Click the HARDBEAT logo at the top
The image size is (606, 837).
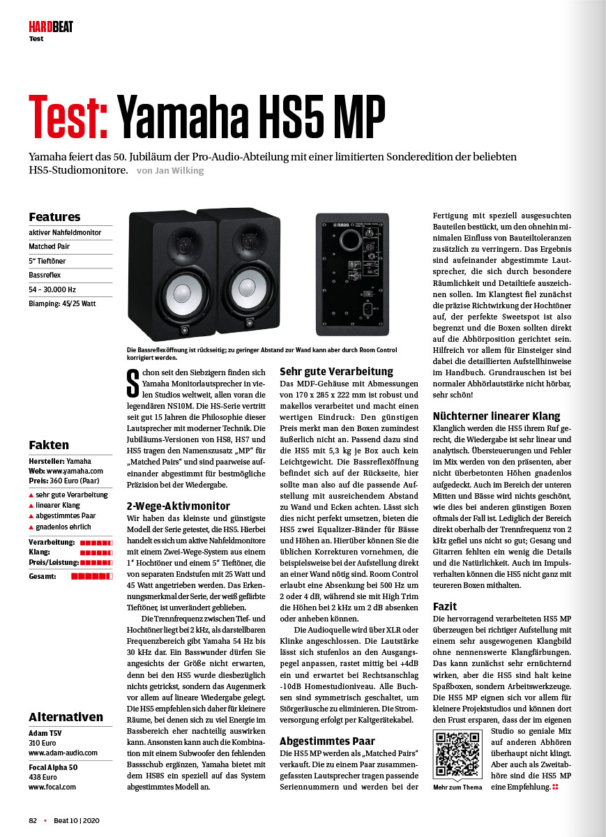50,27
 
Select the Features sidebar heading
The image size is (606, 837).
54,217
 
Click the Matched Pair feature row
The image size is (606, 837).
50,247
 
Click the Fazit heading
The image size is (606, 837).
445,606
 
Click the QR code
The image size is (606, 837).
457,755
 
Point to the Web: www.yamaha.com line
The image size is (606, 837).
66,471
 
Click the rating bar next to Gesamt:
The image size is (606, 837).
91,576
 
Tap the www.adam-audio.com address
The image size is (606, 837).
63,753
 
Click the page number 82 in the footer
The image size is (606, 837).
33,820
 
